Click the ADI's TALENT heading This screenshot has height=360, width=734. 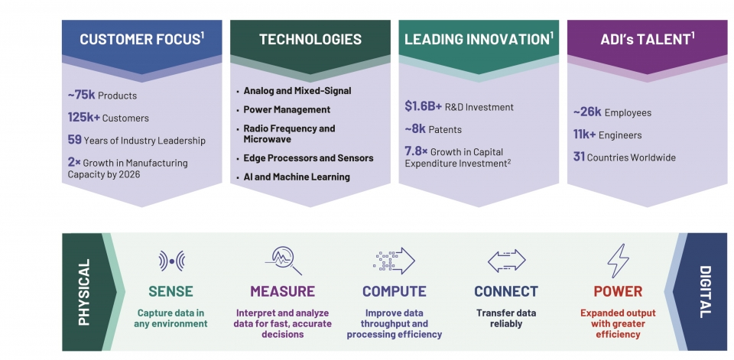click(x=648, y=39)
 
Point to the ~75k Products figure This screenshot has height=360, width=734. click(x=82, y=95)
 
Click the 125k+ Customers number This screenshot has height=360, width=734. click(x=84, y=118)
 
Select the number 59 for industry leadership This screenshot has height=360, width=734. click(x=74, y=140)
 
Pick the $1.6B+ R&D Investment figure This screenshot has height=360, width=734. click(x=423, y=106)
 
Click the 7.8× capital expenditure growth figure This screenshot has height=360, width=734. click(x=416, y=151)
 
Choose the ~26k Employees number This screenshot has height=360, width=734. click(x=587, y=112)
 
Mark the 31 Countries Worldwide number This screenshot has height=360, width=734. click(x=579, y=157)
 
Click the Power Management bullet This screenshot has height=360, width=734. click(x=287, y=109)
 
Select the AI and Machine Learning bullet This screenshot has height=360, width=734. click(x=297, y=177)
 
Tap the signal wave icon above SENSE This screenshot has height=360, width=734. click(x=171, y=261)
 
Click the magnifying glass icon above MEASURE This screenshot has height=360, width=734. click(x=284, y=261)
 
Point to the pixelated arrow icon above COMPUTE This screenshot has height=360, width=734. click(x=395, y=261)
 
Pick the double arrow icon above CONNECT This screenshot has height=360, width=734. click(x=506, y=261)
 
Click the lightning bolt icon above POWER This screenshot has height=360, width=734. click(x=618, y=261)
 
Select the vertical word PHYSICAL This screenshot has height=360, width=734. click(x=84, y=292)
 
